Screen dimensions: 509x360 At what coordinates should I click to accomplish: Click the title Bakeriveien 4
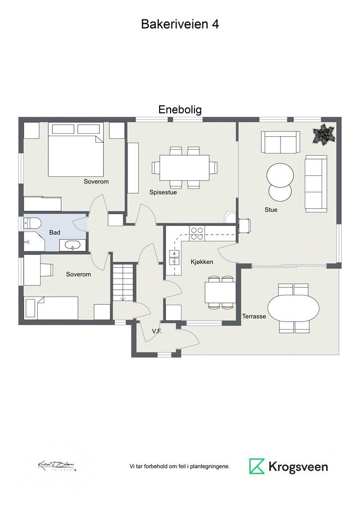[180, 24]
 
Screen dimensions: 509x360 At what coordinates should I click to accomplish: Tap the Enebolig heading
[180, 109]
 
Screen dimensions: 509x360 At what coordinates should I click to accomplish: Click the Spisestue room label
[163, 192]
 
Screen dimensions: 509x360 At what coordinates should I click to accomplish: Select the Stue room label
[271, 210]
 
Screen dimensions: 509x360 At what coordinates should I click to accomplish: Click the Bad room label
[55, 233]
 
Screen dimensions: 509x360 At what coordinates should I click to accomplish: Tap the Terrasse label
[254, 316]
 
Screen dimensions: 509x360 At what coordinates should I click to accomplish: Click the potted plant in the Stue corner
[324, 134]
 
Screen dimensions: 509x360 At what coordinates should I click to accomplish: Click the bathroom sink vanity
[73, 245]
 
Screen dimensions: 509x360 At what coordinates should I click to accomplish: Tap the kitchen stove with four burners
[197, 233]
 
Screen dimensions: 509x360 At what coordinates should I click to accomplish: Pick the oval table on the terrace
[293, 308]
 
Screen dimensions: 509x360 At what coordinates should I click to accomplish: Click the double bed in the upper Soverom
[75, 150]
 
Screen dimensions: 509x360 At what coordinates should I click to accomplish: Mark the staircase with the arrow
[123, 282]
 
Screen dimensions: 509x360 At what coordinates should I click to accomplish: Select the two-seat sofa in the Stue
[281, 143]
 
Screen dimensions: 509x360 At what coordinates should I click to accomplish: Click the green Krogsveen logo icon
[257, 466]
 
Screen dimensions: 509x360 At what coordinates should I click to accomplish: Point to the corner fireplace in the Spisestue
[230, 218]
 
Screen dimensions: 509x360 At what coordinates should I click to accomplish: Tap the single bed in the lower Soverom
[51, 308]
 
